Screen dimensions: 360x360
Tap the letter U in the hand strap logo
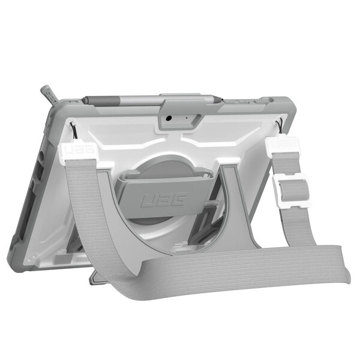(146, 201)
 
